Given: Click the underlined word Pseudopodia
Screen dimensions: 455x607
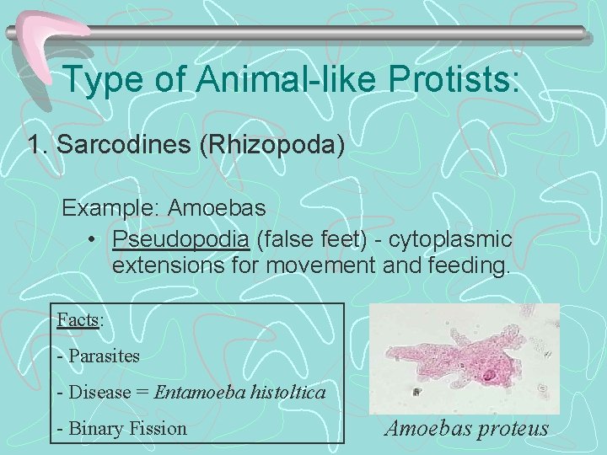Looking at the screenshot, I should (x=181, y=239).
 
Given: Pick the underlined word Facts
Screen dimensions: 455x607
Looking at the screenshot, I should (x=78, y=320).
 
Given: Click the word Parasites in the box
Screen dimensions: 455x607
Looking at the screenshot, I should (x=104, y=356).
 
